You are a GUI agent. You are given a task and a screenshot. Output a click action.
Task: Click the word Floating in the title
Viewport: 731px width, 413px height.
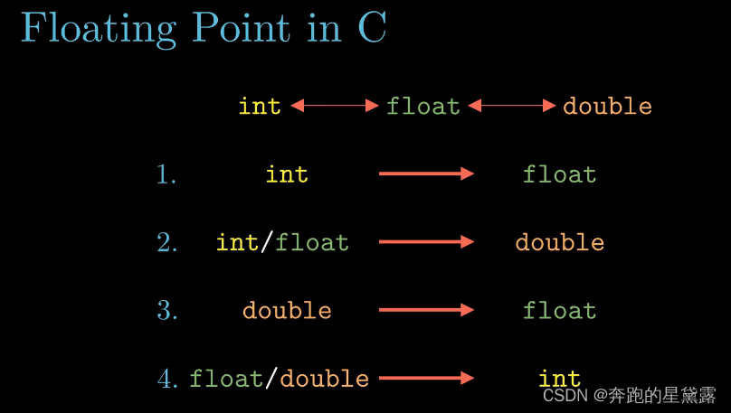[99, 30]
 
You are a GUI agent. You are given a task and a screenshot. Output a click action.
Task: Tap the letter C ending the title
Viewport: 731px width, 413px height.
[372, 28]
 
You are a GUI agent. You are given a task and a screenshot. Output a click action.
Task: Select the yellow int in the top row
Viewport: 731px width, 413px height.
[260, 106]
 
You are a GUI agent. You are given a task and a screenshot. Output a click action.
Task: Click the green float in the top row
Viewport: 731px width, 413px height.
[423, 106]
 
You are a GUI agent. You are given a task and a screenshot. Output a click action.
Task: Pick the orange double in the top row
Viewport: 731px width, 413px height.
[607, 106]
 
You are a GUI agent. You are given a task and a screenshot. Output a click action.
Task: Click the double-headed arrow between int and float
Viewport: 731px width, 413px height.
[334, 106]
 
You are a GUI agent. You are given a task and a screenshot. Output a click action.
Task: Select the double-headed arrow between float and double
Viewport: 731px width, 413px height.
[512, 106]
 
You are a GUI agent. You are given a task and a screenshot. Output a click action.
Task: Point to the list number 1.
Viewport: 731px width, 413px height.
[166, 174]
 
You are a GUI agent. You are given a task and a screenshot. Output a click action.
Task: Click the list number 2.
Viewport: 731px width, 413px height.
[166, 242]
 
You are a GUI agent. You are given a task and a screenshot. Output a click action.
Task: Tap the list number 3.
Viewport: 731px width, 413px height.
[166, 311]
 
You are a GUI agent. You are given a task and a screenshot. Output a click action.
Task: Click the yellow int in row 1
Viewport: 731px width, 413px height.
[287, 174]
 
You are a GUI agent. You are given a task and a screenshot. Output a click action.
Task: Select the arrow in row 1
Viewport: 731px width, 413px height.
[426, 174]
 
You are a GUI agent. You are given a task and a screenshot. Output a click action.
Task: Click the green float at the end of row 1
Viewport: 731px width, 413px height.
[559, 174]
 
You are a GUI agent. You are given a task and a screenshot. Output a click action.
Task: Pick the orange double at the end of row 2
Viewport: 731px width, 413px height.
[559, 242]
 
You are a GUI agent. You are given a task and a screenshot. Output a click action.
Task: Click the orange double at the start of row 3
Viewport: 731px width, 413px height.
[287, 311]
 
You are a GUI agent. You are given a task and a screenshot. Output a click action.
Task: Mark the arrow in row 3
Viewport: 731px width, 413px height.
[426, 310]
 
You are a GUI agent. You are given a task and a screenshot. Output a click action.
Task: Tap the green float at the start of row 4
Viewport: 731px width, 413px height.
[225, 379]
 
